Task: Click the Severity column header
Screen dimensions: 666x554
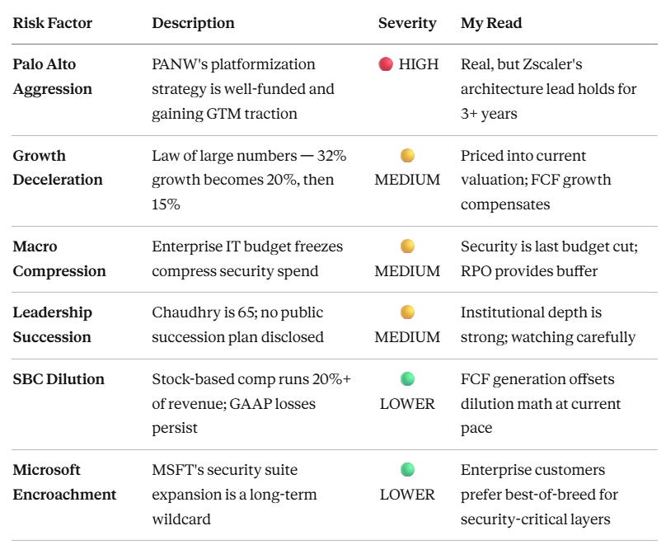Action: pyautogui.click(x=407, y=23)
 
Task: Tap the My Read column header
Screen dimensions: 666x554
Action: pyautogui.click(x=491, y=23)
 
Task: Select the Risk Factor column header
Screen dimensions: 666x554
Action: pyautogui.click(x=52, y=23)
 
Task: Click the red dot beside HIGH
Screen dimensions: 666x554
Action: pyautogui.click(x=386, y=64)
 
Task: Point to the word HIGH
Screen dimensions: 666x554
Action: pyautogui.click(x=419, y=64)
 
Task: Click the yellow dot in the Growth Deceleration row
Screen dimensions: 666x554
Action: pyautogui.click(x=407, y=156)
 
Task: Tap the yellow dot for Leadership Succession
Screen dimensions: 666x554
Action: pyautogui.click(x=407, y=312)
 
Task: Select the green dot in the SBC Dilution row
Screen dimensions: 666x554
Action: pyautogui.click(x=407, y=378)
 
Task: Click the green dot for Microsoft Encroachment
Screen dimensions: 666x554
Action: pyautogui.click(x=407, y=469)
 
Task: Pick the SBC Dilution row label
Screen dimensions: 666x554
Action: pyautogui.click(x=59, y=379)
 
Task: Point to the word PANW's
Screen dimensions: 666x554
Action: pyautogui.click(x=180, y=64)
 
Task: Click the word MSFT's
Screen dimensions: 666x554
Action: pyautogui.click(x=179, y=470)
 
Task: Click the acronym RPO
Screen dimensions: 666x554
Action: pyautogui.click(x=476, y=271)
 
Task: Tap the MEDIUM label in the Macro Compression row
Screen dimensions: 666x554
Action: pyautogui.click(x=407, y=271)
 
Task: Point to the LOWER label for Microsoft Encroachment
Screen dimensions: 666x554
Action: pyautogui.click(x=407, y=495)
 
